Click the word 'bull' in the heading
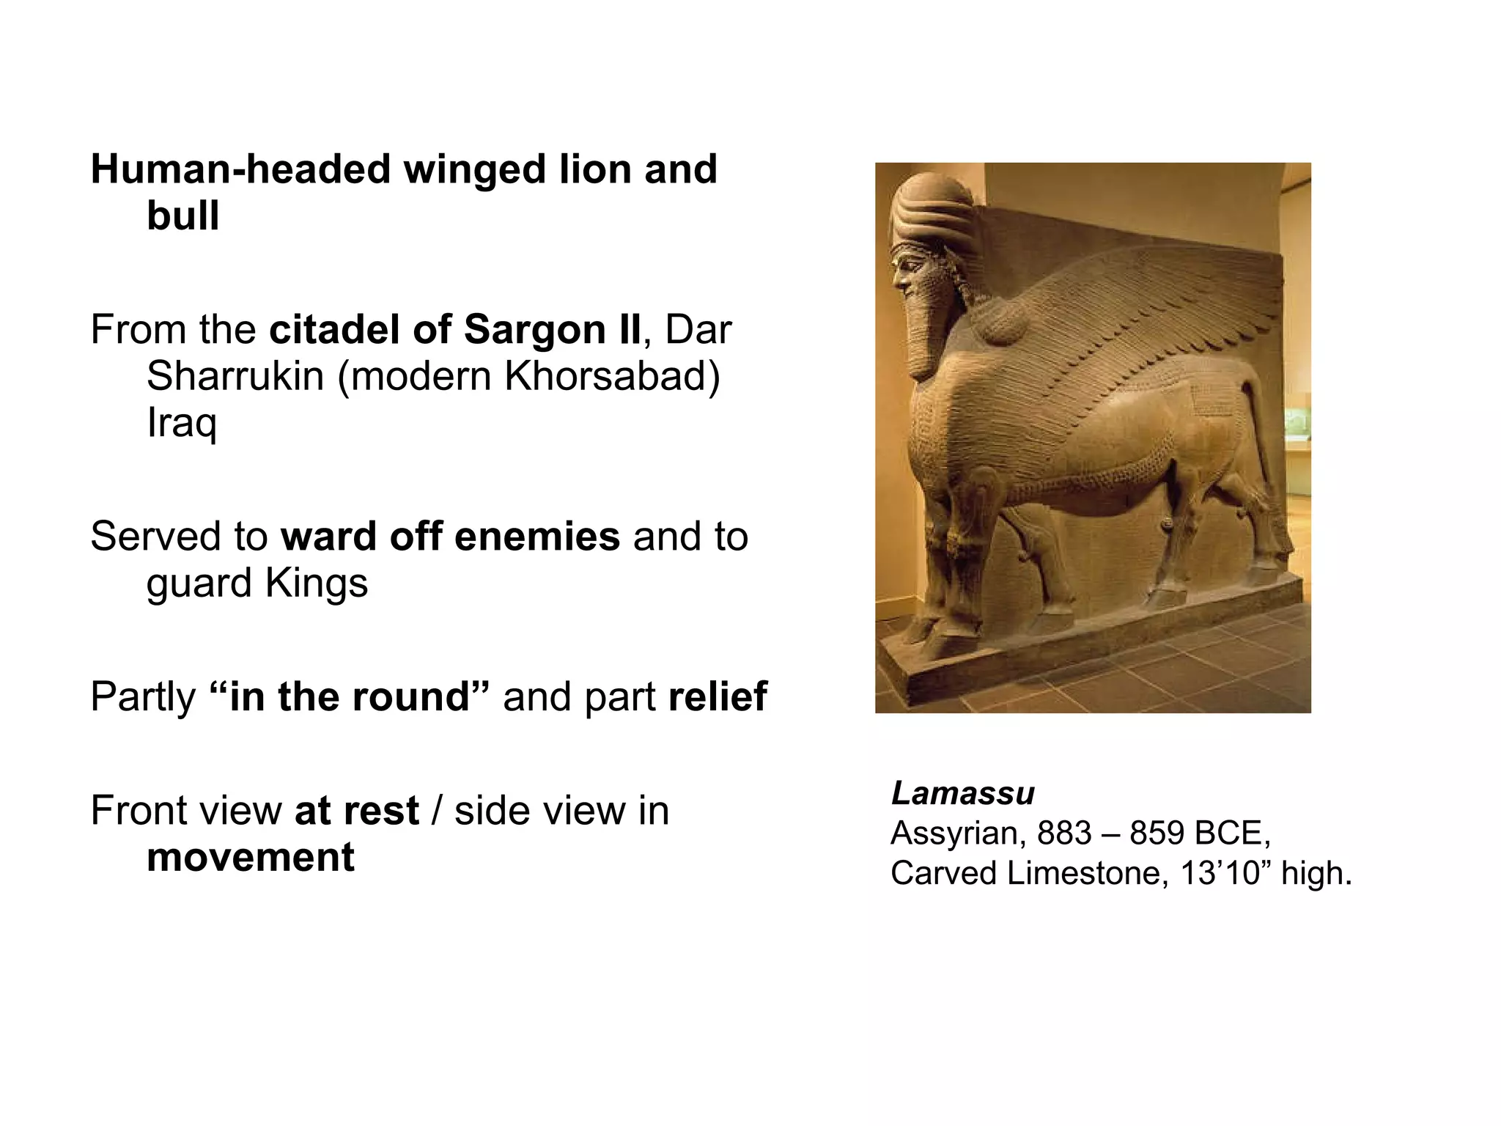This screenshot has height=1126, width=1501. [x=182, y=216]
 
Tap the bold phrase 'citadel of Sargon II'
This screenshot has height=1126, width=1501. [x=454, y=329]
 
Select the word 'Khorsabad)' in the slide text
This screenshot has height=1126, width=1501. [x=612, y=376]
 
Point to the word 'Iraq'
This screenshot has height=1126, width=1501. [x=182, y=423]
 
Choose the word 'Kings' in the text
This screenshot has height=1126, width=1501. [x=316, y=583]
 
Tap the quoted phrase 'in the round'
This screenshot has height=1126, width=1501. [x=349, y=696]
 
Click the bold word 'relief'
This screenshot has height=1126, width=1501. [x=718, y=696]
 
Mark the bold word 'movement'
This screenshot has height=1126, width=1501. [x=251, y=857]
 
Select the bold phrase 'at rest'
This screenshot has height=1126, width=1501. [x=356, y=810]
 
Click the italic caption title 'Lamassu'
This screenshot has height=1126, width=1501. [x=962, y=793]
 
